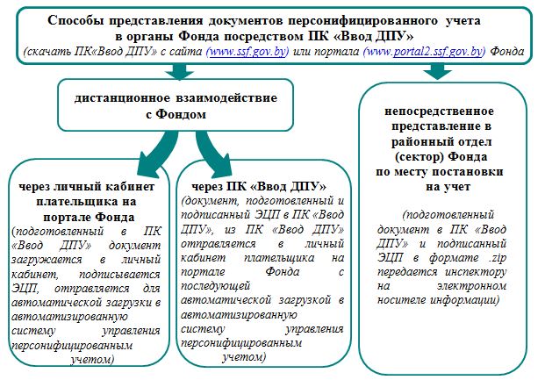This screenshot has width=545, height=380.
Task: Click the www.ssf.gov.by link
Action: click(x=247, y=52)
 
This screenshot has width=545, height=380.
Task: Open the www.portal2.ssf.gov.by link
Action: click(x=424, y=52)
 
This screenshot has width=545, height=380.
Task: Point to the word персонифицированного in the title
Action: click(x=362, y=20)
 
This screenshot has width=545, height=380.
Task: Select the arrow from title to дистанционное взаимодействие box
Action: click(x=179, y=71)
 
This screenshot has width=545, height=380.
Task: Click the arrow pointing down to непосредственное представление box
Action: click(x=437, y=71)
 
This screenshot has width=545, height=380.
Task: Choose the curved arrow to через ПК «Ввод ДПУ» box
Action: click(x=212, y=153)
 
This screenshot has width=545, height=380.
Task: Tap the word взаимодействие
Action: click(x=226, y=97)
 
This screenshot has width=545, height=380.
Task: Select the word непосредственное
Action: click(x=439, y=111)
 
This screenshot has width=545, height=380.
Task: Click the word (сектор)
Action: click(x=420, y=157)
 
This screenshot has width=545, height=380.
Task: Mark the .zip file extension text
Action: click(x=498, y=258)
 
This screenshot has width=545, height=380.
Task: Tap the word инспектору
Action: click(x=476, y=272)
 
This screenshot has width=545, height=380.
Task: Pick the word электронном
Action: click(x=471, y=286)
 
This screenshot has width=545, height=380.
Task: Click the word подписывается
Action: click(x=119, y=275)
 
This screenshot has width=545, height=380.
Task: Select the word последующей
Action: click(x=216, y=286)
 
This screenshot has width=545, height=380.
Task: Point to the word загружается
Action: click(x=47, y=260)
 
